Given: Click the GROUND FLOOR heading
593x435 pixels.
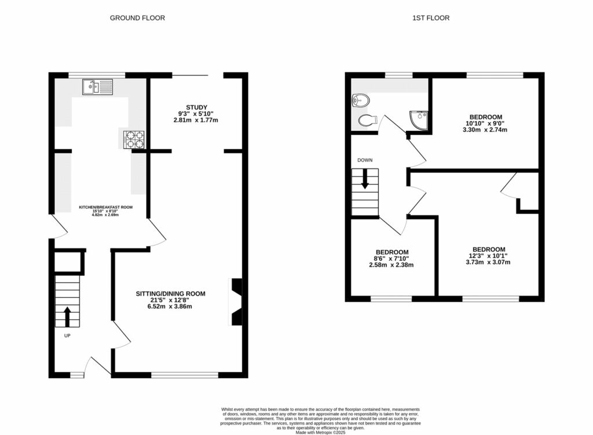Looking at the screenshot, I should (x=137, y=18).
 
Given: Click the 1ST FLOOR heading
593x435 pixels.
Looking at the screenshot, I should (x=431, y=18).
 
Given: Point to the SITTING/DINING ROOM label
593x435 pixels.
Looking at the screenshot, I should (x=170, y=294).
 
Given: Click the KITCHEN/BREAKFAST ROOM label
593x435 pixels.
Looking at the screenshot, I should (x=106, y=206).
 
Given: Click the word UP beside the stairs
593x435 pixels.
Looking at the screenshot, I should (x=67, y=335).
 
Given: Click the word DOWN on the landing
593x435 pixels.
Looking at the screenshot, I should (x=365, y=160).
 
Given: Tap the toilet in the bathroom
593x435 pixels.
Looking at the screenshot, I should (x=367, y=120).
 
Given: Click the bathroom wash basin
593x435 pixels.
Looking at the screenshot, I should (x=359, y=101).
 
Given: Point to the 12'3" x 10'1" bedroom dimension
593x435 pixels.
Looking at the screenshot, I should (x=489, y=255).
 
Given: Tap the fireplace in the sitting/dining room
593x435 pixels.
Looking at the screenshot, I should (x=236, y=302).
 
